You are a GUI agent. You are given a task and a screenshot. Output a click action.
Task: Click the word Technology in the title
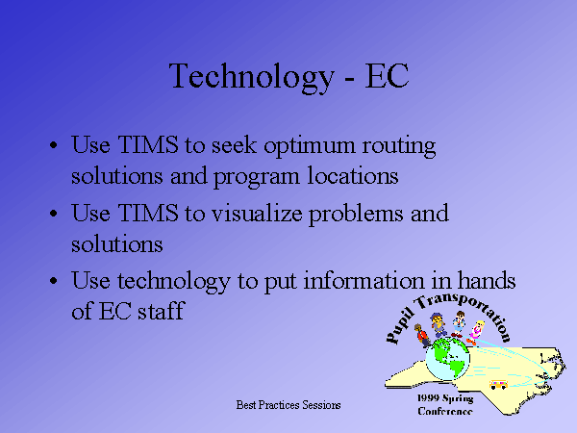click(x=251, y=77)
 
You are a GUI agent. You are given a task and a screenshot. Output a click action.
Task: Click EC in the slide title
click(x=387, y=75)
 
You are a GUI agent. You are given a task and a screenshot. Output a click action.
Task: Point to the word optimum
click(x=310, y=147)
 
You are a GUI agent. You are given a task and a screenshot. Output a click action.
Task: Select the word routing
click(x=399, y=147)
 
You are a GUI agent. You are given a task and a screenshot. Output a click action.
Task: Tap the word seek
click(x=234, y=144)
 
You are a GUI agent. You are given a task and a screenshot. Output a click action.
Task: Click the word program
click(x=257, y=178)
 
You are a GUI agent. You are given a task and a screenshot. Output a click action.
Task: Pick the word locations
click(x=353, y=175)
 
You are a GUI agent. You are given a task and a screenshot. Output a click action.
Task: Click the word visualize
click(x=257, y=213)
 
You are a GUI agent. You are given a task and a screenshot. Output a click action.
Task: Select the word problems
click(x=356, y=215)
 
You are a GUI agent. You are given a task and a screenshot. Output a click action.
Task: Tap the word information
click(x=364, y=280)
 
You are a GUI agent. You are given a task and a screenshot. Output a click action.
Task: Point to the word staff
click(x=161, y=311)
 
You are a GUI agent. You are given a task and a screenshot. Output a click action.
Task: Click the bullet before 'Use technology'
click(x=54, y=281)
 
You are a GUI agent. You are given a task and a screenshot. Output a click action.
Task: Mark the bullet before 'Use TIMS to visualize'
click(x=54, y=214)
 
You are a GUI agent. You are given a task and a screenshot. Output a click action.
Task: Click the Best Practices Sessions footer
click(x=288, y=405)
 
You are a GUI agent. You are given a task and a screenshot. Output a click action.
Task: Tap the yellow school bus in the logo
click(x=498, y=385)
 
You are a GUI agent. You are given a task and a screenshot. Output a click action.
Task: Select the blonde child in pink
click(x=475, y=333)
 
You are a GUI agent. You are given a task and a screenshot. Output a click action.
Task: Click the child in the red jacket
click(x=422, y=335)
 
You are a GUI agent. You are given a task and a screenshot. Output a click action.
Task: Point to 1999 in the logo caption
click(x=428, y=398)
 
